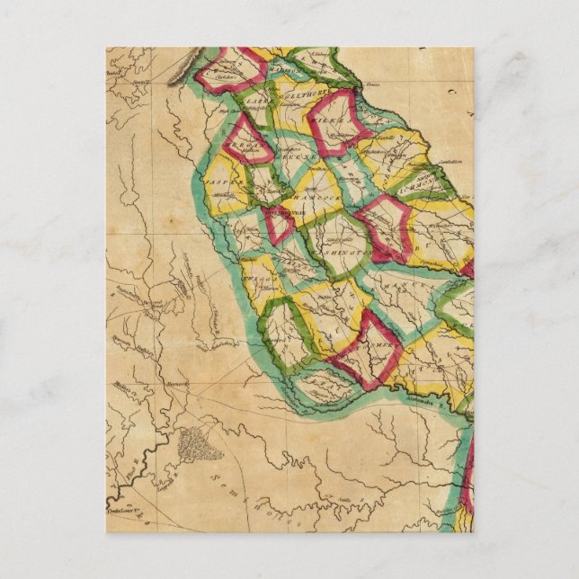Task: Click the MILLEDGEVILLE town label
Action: coord(286,213)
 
